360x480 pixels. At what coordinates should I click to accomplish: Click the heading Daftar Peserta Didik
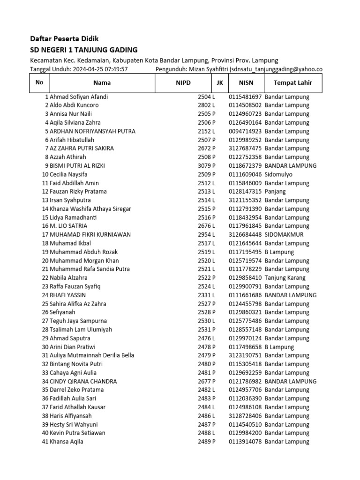tap(65, 38)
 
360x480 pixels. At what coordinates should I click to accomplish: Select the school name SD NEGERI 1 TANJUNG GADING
tap(84, 50)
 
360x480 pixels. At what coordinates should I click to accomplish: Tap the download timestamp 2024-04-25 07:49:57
tap(100, 69)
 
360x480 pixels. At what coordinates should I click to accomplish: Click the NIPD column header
tap(183, 83)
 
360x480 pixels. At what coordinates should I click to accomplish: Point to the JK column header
tap(219, 83)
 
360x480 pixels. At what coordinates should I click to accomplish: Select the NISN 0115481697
tap(245, 97)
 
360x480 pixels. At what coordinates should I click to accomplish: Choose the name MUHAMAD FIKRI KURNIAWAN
tap(90, 234)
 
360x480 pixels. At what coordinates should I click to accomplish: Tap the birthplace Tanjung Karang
tap(285, 277)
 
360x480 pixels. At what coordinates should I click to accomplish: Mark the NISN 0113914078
tap(245, 442)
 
